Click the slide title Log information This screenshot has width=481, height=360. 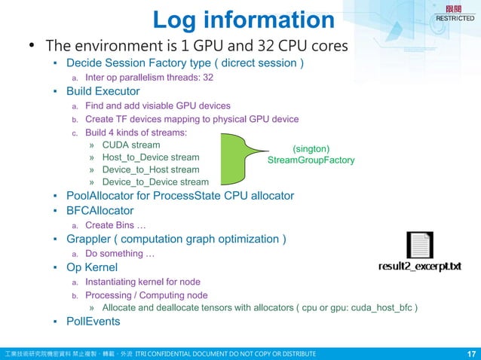pyautogui.click(x=243, y=20)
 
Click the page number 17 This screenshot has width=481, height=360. pyautogui.click(x=471, y=353)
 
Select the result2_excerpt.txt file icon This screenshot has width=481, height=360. pyautogui.click(x=419, y=246)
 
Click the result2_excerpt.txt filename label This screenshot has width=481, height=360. pyautogui.click(x=419, y=267)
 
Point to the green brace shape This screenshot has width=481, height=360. pyautogui.click(x=240, y=159)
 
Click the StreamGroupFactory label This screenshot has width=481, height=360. pyautogui.click(x=311, y=160)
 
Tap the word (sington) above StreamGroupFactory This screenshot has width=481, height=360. pyautogui.click(x=311, y=149)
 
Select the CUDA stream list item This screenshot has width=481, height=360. pyautogui.click(x=130, y=145)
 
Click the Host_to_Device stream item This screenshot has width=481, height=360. pyautogui.click(x=151, y=157)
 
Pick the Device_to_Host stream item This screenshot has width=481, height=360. pyautogui.click(x=151, y=169)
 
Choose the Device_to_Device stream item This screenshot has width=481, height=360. pyautogui.click(x=155, y=182)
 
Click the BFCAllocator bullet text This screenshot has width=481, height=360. pyautogui.click(x=100, y=211)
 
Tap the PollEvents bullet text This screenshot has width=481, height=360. pyautogui.click(x=93, y=322)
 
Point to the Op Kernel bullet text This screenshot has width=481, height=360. pyautogui.click(x=92, y=267)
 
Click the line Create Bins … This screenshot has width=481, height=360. pyautogui.click(x=115, y=225)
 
